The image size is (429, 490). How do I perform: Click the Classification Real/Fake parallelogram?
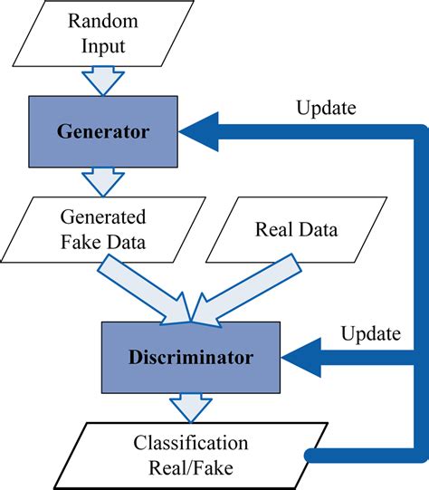pyautogui.click(x=191, y=454)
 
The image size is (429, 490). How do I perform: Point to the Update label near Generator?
pyautogui.click(x=326, y=109)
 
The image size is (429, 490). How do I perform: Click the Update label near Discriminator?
pyautogui.click(x=370, y=333)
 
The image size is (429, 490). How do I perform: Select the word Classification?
pyautogui.click(x=191, y=444)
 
